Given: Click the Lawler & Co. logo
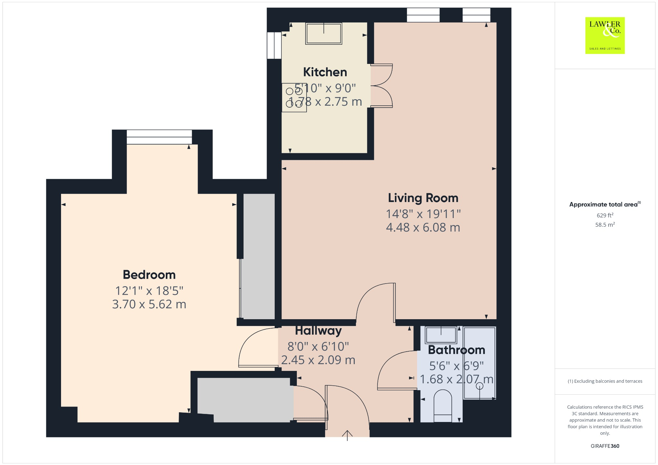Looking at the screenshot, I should point(605,35).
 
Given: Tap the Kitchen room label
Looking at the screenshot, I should point(325,72).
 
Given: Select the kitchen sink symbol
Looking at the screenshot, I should point(324,33).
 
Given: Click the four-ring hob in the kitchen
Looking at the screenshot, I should point(294,98).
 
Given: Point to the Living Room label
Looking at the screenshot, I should point(423,198).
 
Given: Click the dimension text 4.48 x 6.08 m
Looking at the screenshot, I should point(423,227).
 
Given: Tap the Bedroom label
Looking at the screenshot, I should point(149,275).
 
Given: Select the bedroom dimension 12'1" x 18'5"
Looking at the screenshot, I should point(149,291).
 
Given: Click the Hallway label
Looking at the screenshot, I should point(318,330).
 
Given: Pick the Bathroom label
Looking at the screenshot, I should point(456,350).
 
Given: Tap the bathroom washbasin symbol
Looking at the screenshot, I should point(441,335).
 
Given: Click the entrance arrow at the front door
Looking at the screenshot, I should point(347,435).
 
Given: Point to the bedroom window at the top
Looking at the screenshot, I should point(159,137).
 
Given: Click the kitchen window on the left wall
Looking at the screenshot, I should point(274,45).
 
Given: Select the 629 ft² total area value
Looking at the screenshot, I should point(605,215).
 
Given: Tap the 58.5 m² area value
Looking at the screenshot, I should point(605,224).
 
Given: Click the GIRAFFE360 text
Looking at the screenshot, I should point(605,446).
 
